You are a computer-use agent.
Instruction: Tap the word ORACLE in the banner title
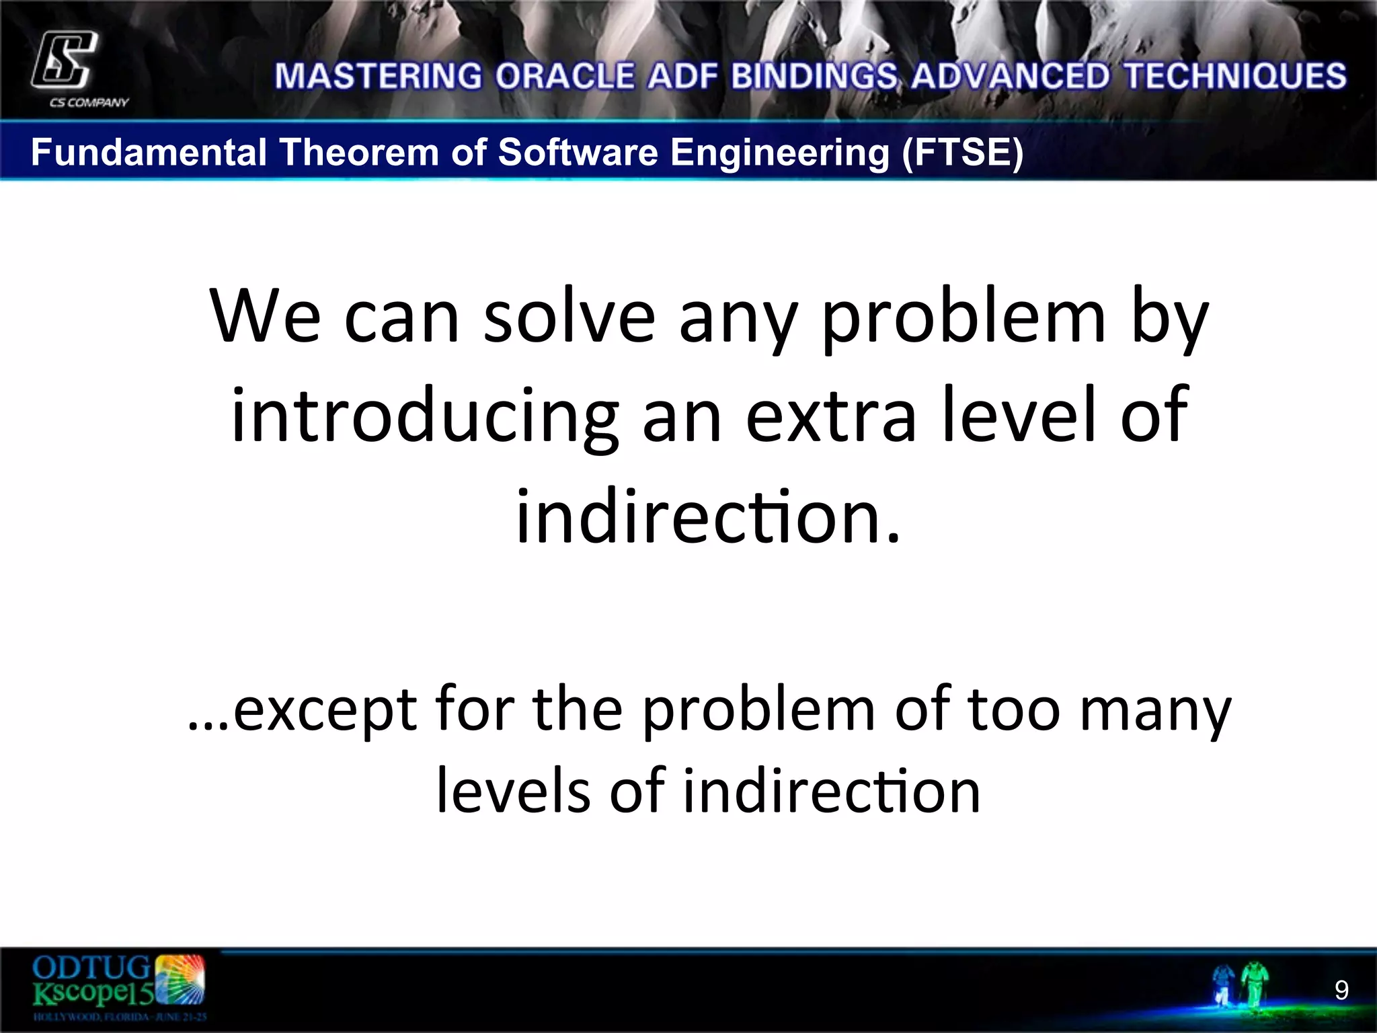click(x=565, y=77)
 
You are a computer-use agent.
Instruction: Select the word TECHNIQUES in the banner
click(x=1236, y=77)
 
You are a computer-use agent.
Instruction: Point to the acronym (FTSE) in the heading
click(x=963, y=152)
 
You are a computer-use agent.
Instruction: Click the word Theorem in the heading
click(x=359, y=152)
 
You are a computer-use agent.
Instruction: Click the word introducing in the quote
click(x=424, y=417)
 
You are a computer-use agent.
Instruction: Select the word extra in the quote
click(x=830, y=417)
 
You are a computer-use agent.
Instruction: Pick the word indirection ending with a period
click(x=707, y=516)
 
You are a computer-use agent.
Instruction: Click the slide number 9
click(x=1341, y=990)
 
